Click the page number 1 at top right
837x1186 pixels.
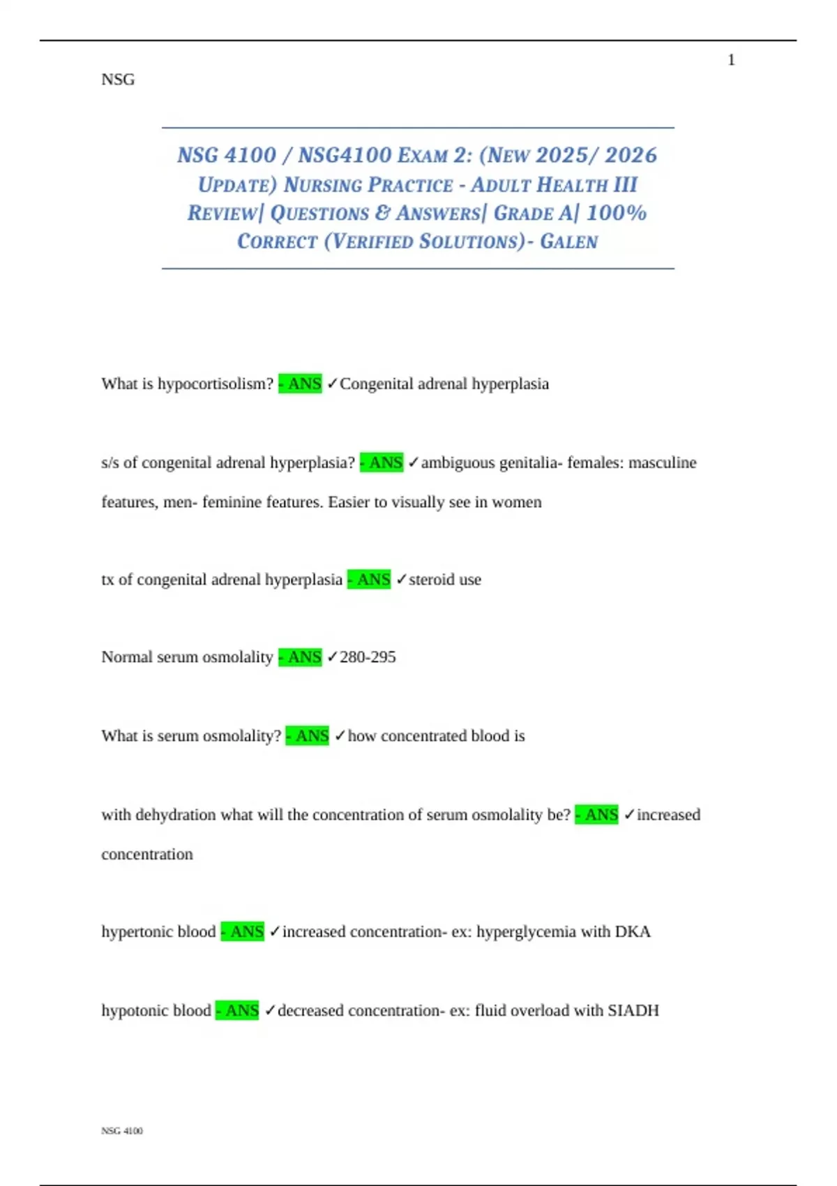(x=731, y=61)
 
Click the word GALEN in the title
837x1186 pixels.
(x=568, y=242)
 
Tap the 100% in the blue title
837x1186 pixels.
(x=617, y=213)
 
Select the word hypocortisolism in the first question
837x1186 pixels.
(x=216, y=384)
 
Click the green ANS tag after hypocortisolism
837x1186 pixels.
(x=301, y=384)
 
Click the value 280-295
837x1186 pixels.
(x=368, y=657)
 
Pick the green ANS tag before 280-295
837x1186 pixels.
(x=301, y=657)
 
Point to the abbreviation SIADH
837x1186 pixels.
(x=633, y=1011)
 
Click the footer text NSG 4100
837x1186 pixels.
(x=122, y=1131)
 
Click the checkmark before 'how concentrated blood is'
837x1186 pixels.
(x=340, y=736)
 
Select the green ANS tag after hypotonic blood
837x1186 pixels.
(x=237, y=1011)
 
